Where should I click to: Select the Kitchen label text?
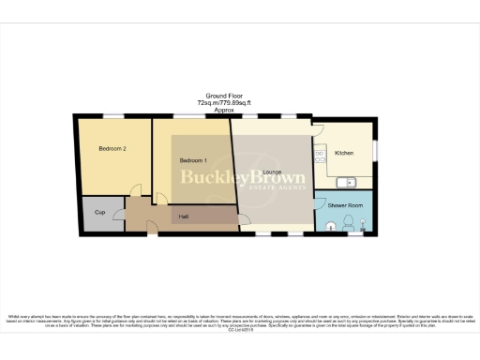(x=343, y=152)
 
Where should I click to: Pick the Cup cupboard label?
(x=99, y=212)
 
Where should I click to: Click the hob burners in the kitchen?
(x=320, y=153)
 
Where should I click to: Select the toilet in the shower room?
(x=348, y=223)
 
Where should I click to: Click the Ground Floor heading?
(x=222, y=96)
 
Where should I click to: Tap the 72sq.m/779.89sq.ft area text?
(x=223, y=103)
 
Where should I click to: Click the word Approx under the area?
(x=223, y=111)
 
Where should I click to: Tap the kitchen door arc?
(x=319, y=132)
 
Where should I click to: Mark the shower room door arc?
(x=321, y=200)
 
